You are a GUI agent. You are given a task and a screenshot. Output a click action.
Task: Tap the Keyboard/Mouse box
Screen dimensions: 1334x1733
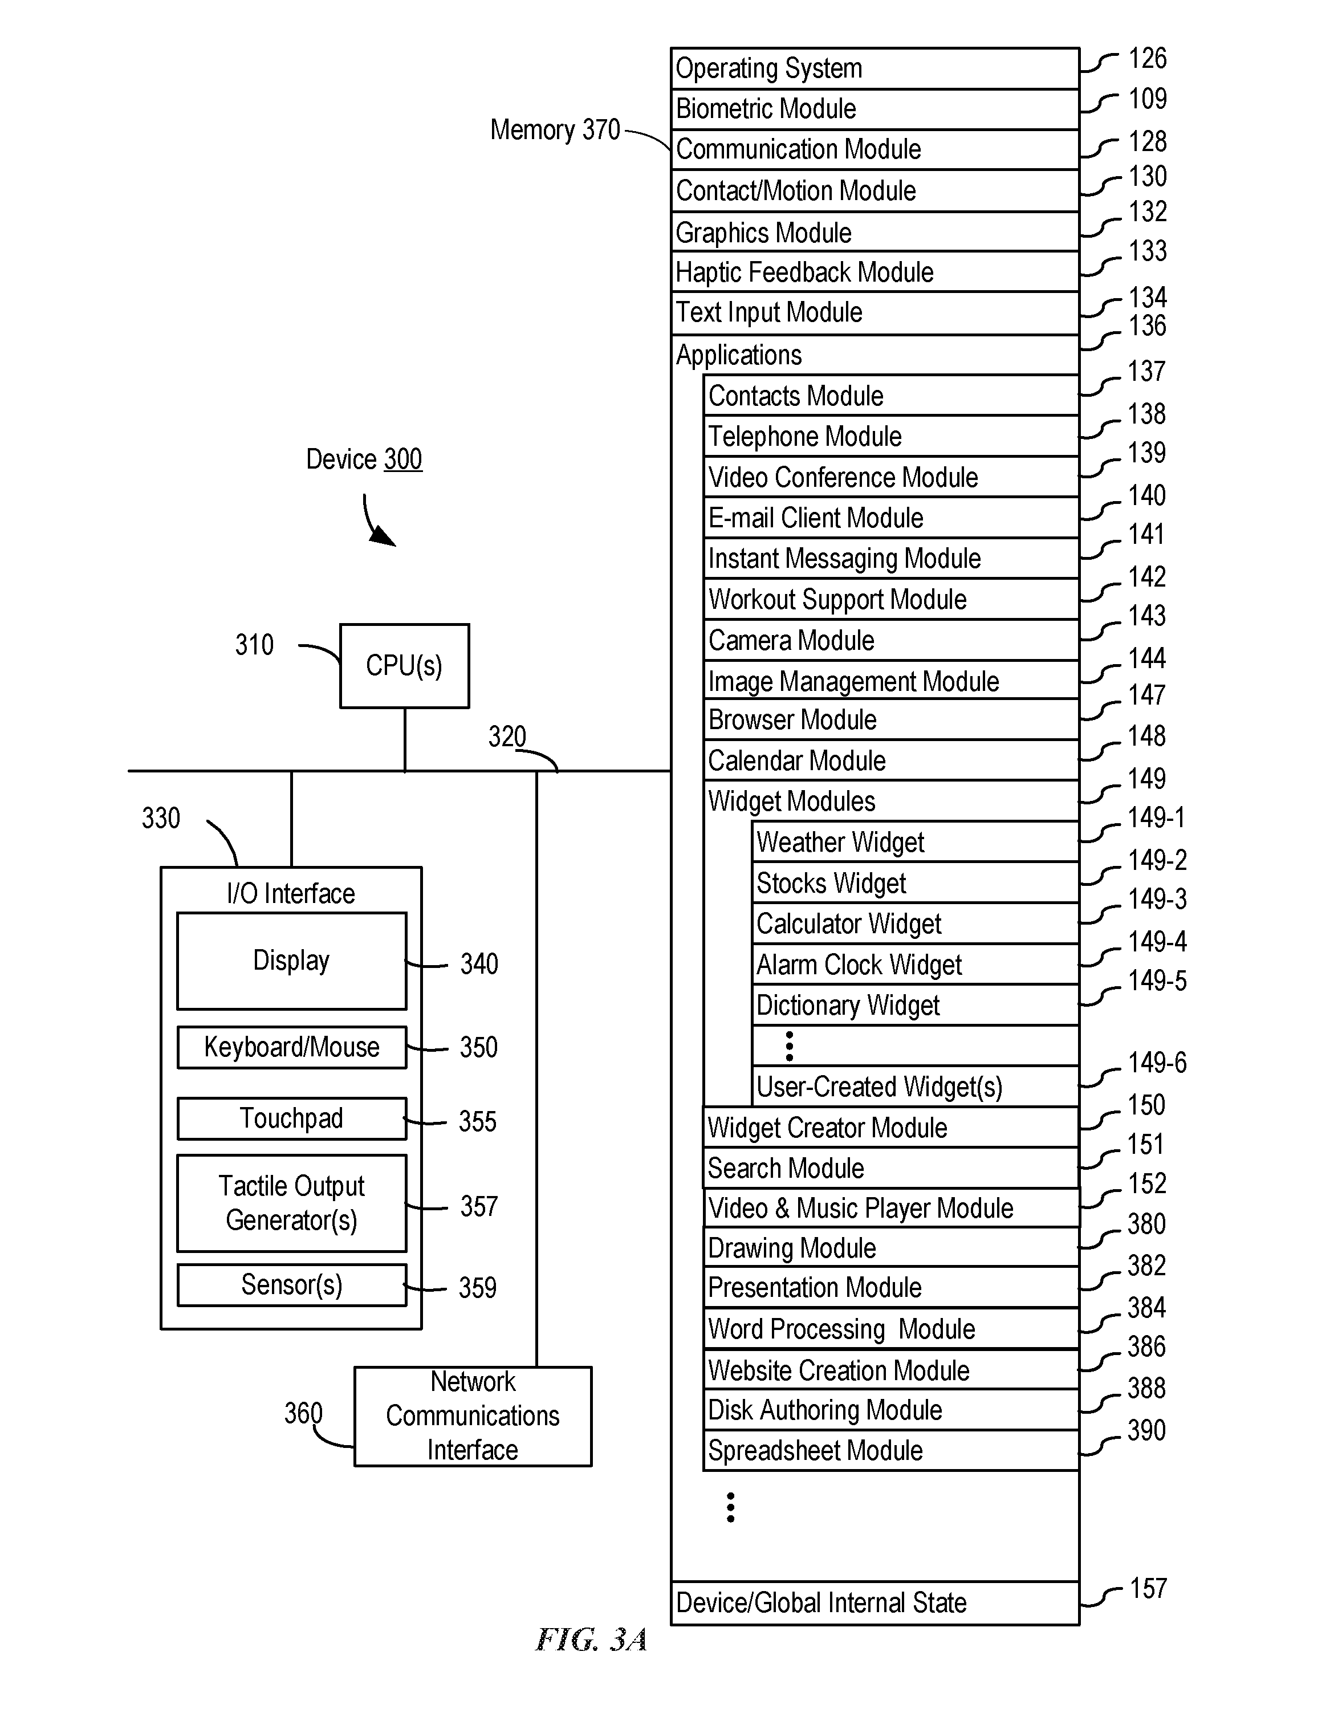[x=291, y=1047]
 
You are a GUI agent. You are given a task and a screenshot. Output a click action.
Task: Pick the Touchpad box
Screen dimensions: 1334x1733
[x=291, y=1118]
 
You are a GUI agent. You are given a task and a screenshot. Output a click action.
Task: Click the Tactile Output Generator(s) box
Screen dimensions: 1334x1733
[x=291, y=1203]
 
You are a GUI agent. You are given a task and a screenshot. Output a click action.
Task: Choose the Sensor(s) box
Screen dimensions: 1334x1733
[x=291, y=1285]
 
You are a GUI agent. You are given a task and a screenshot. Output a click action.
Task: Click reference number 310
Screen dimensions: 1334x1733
[x=254, y=644]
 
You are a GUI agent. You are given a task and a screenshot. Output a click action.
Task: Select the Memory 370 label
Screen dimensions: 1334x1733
[x=555, y=129]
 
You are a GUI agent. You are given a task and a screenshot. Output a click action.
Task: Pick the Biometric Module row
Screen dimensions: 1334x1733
[x=875, y=109]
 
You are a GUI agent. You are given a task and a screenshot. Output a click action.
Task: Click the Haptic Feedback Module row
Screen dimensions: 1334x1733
[x=875, y=272]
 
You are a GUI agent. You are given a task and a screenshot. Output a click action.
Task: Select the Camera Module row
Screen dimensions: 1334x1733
[x=891, y=640]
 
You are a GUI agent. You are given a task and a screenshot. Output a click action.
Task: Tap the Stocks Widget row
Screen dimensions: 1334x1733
[x=916, y=882]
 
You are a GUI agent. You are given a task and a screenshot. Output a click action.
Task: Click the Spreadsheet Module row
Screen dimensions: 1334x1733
[x=891, y=1450]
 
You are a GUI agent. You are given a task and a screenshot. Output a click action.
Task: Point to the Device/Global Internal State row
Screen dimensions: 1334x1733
[x=875, y=1603]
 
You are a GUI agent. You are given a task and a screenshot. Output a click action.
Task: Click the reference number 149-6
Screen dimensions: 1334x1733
[x=1157, y=1063]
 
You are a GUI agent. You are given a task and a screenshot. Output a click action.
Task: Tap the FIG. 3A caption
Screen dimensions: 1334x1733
[x=592, y=1640]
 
